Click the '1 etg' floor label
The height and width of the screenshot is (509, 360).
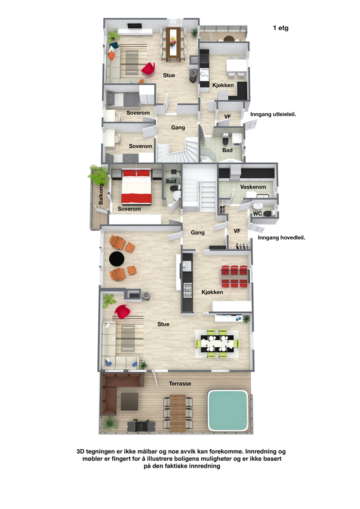[x=280, y=28]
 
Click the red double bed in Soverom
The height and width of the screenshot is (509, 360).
[x=136, y=187]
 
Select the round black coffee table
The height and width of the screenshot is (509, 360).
[x=116, y=259]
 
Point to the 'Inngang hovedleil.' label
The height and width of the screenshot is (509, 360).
[x=281, y=238]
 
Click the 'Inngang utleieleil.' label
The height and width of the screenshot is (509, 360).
[x=273, y=114]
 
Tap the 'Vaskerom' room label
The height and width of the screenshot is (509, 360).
[x=253, y=187]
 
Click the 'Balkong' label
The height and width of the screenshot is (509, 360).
[x=101, y=194]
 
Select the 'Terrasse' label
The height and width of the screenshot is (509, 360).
[x=180, y=384]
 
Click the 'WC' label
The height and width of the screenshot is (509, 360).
[x=258, y=213]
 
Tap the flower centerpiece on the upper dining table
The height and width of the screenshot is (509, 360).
[x=173, y=41]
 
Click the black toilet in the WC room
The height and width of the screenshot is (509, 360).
[x=268, y=213]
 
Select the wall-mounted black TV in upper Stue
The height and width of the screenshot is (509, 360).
[x=135, y=26]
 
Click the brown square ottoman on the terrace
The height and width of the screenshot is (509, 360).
[x=129, y=401]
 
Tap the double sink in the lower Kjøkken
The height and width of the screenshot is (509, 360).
[x=188, y=290]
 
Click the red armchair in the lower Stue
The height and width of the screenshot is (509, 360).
[x=122, y=312]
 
